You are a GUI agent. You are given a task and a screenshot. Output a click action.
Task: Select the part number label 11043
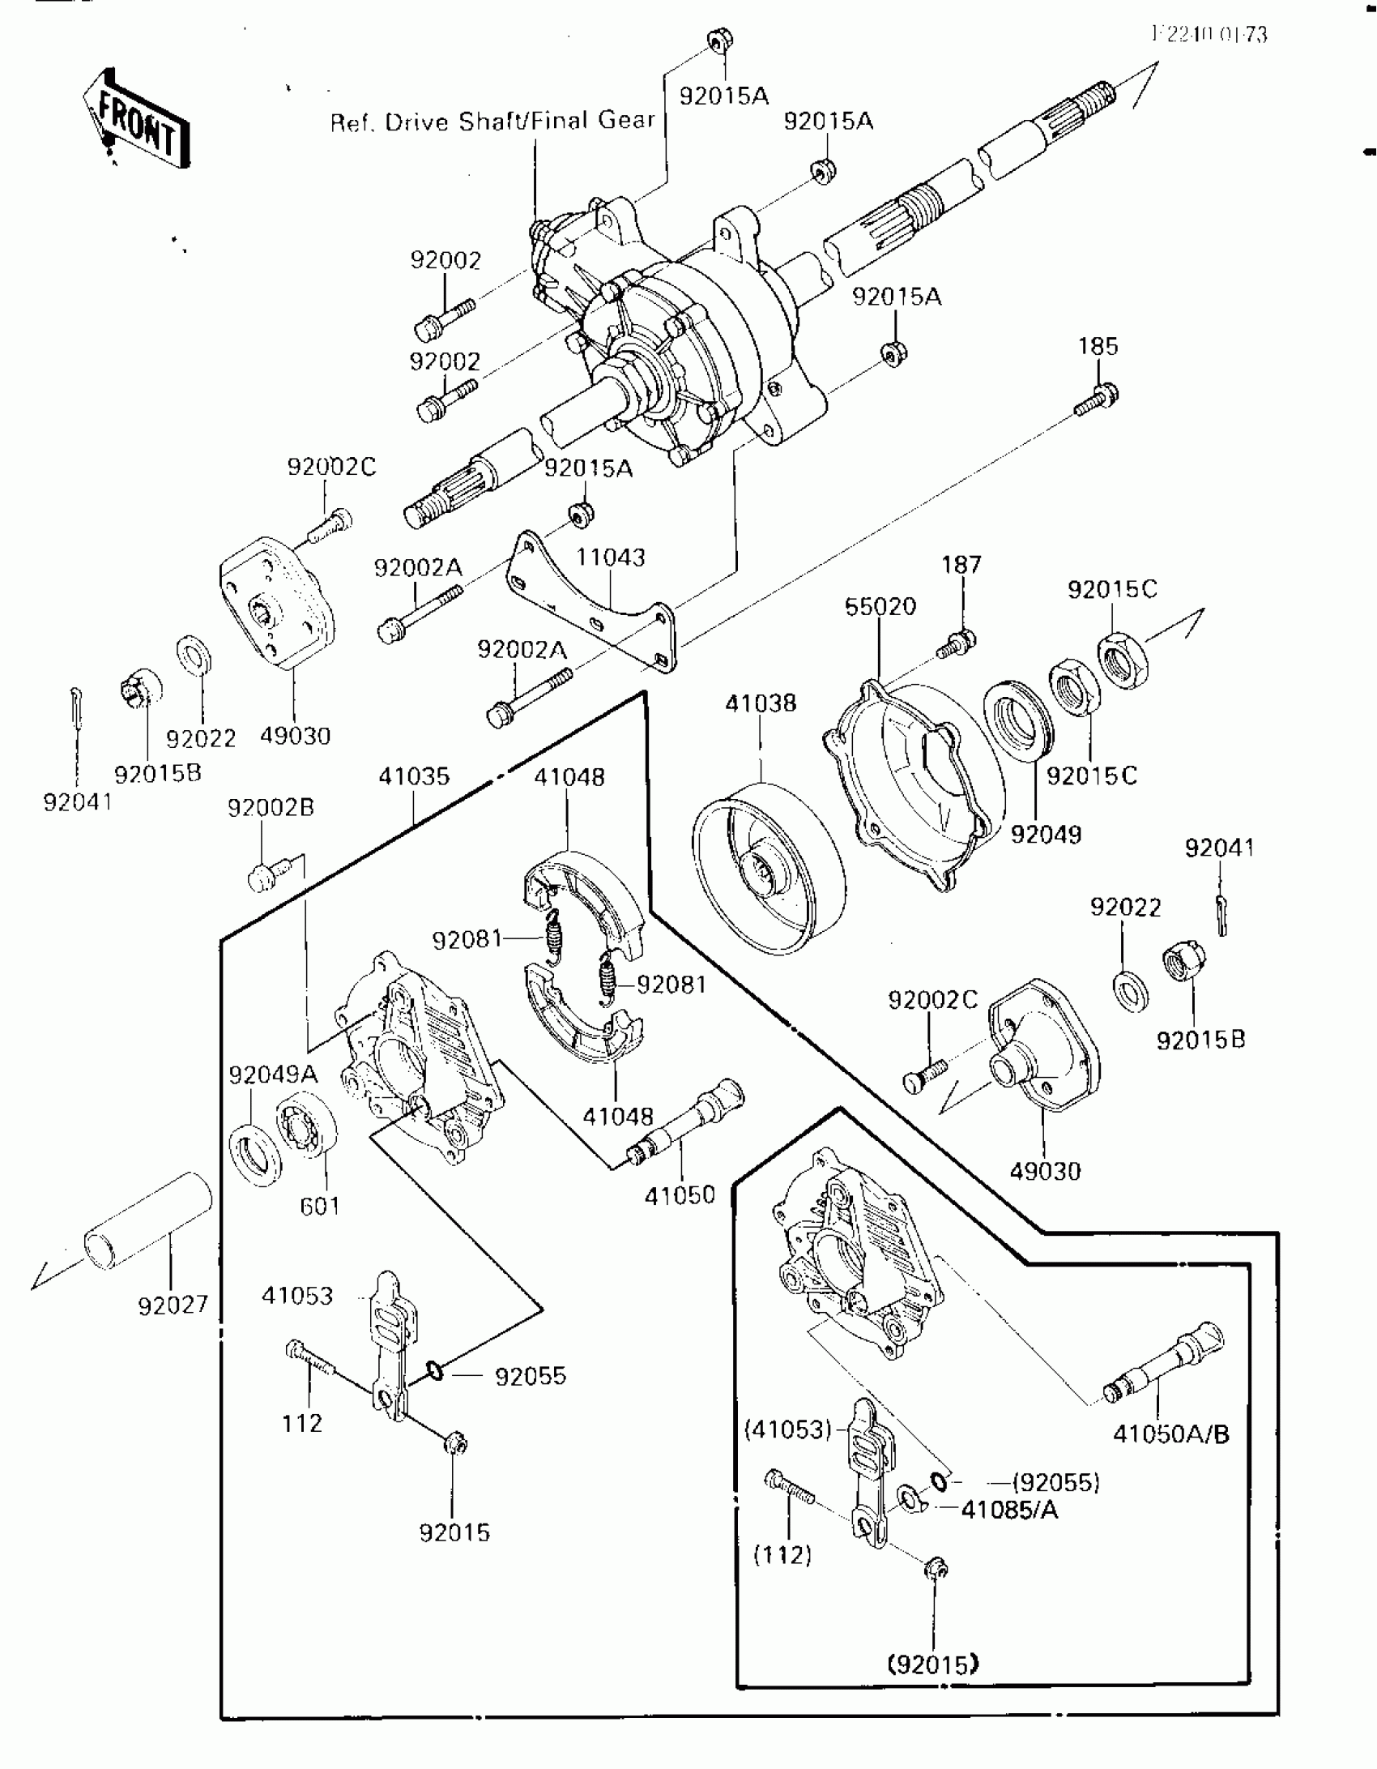coord(611,558)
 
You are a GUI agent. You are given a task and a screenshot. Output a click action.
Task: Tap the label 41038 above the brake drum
coord(761,703)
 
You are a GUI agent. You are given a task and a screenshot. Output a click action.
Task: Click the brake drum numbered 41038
coord(769,866)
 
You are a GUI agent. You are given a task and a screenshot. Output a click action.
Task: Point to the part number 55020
coord(880,606)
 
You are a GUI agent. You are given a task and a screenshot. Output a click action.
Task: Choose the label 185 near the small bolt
coord(1098,347)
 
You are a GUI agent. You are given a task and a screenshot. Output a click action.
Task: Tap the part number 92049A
coord(273,1075)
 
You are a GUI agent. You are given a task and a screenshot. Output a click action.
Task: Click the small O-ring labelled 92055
coord(435,1371)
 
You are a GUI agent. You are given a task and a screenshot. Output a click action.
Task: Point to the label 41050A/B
coord(1170,1434)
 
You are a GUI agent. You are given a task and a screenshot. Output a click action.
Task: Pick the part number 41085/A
coord(1009,1510)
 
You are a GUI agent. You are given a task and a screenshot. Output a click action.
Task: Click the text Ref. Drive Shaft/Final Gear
coord(492,122)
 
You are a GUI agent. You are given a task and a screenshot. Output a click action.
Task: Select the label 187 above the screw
coord(961,565)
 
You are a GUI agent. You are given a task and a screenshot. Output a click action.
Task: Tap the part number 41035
coord(414,776)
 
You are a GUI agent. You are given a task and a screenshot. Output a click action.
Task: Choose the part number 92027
coord(173,1305)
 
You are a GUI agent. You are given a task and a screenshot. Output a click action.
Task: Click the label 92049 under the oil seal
coord(1046,834)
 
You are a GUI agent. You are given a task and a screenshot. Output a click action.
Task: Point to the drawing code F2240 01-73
coord(1209,35)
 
